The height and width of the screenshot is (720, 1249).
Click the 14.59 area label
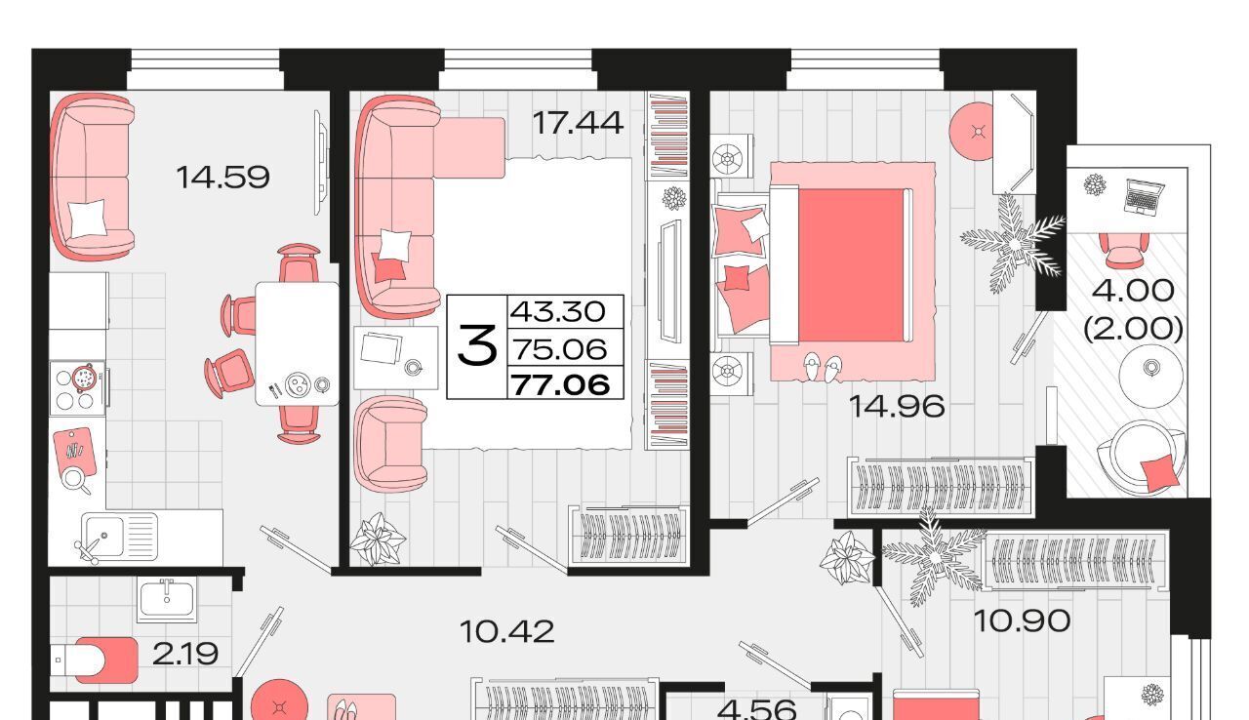(222, 178)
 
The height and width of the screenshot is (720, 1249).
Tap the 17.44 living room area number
(578, 123)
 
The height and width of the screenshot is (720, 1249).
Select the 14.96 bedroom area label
(897, 406)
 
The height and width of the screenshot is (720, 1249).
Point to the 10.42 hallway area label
(506, 632)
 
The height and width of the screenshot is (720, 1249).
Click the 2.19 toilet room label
(184, 654)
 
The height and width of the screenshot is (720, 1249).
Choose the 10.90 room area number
(1022, 620)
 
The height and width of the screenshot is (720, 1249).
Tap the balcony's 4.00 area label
(1133, 291)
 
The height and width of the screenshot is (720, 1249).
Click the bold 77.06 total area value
(561, 384)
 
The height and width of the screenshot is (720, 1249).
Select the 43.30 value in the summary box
(557, 311)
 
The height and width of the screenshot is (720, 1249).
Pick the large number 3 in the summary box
(477, 345)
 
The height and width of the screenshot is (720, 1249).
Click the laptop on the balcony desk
(1144, 197)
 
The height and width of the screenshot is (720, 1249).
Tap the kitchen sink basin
(103, 536)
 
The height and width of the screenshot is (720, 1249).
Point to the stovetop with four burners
(77, 388)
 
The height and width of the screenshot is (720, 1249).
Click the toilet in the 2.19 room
(94, 660)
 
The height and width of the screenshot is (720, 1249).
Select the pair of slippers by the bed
(823, 367)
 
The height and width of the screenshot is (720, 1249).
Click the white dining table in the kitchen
(298, 343)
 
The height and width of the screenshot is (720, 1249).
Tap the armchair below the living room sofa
(390, 445)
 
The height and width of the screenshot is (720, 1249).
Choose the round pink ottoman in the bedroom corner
(972, 132)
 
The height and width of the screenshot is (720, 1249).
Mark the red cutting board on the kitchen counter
(74, 452)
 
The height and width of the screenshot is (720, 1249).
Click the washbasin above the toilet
(167, 600)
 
